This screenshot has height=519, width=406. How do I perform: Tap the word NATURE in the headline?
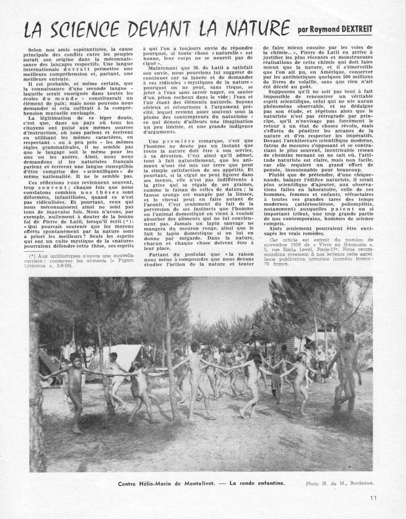point(246,26)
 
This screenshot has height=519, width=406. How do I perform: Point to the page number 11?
point(374,500)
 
